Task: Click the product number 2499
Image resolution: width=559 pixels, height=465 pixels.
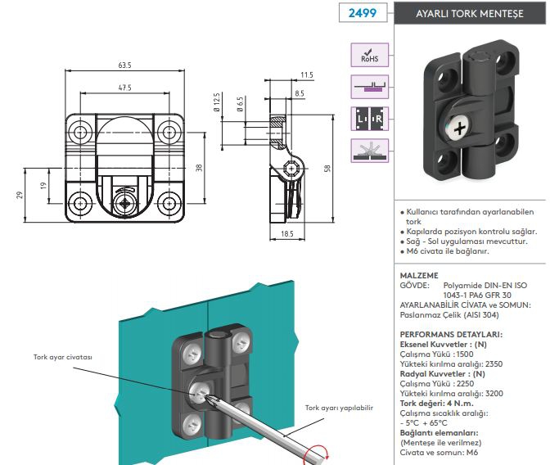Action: [x=362, y=14]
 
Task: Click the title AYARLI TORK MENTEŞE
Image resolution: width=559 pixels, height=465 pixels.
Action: [x=468, y=14]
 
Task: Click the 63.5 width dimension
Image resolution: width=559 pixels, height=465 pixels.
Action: [x=124, y=65]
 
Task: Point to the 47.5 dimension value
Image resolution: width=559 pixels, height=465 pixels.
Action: [x=124, y=87]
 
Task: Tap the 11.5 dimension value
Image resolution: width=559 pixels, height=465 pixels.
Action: [x=306, y=75]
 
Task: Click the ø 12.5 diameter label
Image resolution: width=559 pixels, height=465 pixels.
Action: [x=217, y=104]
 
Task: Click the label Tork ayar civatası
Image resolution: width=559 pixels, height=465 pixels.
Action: [x=62, y=358]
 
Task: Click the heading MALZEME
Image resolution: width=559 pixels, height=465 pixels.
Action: [x=418, y=275]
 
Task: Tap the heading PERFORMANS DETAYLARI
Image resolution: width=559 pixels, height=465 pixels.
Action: [x=451, y=334]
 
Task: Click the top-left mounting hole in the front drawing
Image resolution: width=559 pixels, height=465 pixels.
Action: [x=80, y=131]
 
